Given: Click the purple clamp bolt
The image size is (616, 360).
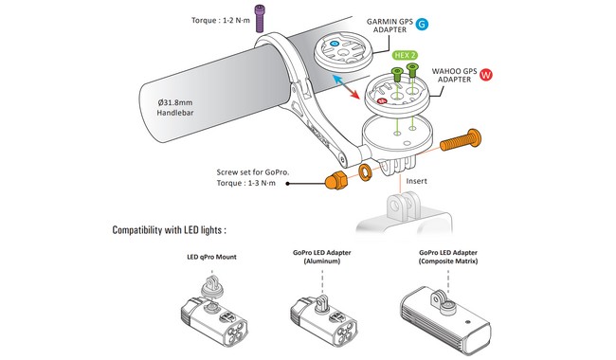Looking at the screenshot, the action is point(260,18).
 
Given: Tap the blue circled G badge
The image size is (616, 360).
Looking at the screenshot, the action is point(422,25).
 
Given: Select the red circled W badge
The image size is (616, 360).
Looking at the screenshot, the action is point(486,75).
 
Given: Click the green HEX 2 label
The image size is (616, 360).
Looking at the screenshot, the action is point(405,55).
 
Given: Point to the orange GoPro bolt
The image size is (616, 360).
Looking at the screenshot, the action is point(460,140).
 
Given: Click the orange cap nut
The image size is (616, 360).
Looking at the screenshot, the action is point(335,181).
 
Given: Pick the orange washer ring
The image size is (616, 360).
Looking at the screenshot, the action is point(366,172).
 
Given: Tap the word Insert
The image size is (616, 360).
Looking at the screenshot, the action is point(416,181).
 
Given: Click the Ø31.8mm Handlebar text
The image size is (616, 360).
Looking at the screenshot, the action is point(175,108).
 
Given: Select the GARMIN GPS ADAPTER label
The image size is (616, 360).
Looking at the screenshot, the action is point(390,26).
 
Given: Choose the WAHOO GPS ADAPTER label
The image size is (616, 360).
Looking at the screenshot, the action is point(455,75).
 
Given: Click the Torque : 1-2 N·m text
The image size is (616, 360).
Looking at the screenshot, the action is point(221,20).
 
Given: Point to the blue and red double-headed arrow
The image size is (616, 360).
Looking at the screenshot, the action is point(346,87).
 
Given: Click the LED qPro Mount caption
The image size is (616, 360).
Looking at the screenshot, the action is point(211,257).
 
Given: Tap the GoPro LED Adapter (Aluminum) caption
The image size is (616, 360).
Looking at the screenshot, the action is point(322,257).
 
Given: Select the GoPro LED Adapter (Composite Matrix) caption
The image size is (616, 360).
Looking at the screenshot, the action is point(448,257).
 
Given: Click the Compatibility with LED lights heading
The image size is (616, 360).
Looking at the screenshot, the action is point(170,230).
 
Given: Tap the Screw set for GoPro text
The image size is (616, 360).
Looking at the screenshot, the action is point(253,177).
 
